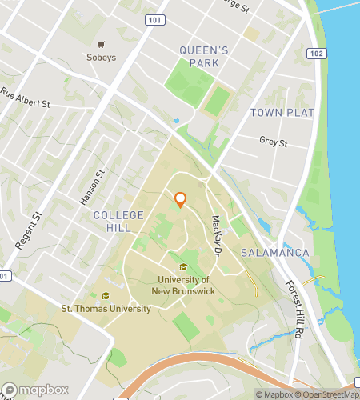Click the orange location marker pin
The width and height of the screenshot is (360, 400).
[x=180, y=199]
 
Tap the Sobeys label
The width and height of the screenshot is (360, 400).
[x=101, y=58]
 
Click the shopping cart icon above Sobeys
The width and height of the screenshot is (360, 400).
[x=101, y=45]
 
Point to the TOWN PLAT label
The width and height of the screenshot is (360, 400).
[x=282, y=113]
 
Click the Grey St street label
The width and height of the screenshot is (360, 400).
[x=273, y=142]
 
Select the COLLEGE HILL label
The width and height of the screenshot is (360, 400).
[x=118, y=222]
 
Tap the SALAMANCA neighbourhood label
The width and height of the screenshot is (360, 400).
[x=274, y=253]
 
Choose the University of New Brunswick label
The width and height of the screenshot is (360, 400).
[x=183, y=286]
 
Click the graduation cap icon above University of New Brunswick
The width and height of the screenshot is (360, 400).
[x=183, y=267]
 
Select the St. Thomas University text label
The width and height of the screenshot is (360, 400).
[x=106, y=309]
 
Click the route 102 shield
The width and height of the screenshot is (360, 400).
[x=315, y=54]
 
